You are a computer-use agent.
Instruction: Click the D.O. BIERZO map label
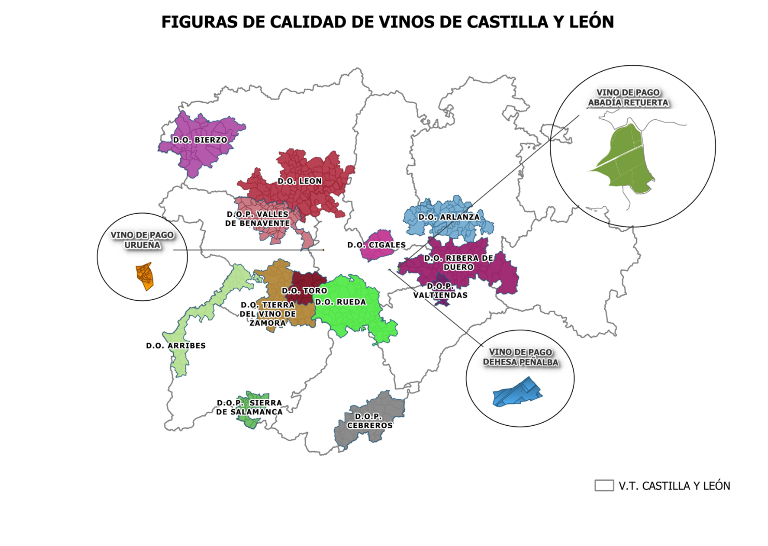coord(200,140)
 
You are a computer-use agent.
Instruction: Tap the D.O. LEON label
coord(300,181)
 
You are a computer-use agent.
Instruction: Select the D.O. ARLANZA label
coord(449,217)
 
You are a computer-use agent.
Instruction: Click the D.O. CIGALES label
coord(376,245)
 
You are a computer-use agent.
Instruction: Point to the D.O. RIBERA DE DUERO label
coord(459,262)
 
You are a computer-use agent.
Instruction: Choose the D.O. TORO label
coord(304,291)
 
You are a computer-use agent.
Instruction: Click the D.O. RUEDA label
coord(340,302)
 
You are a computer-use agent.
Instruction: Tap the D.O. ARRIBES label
coord(176,345)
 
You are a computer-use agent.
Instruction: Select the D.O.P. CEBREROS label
coord(369,421)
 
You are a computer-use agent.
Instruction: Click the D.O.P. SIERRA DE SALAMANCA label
coord(249,407)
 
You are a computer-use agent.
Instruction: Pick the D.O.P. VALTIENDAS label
coord(440,290)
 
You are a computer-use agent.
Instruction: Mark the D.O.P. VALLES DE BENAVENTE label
coord(258,218)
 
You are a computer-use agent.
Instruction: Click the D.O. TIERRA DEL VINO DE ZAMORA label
coord(267,314)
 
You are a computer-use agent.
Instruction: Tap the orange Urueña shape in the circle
coord(145,276)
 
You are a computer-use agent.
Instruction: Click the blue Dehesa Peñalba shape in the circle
coord(517,393)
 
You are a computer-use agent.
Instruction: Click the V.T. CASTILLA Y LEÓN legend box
coord(604,485)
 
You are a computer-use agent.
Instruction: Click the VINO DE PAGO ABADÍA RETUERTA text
coord(628,97)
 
